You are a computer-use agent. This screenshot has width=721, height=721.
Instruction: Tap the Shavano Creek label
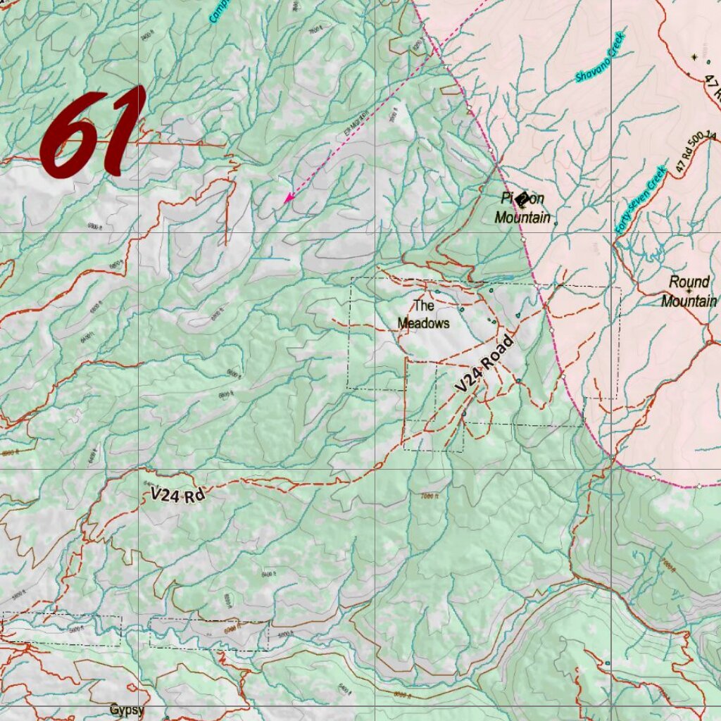click(x=601, y=57)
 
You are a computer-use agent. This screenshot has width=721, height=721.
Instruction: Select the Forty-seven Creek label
click(x=639, y=201)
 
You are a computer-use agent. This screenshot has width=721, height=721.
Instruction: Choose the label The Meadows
click(x=423, y=315)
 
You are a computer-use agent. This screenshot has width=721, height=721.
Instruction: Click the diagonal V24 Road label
click(x=484, y=365)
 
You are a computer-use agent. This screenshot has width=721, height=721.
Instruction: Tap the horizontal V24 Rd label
click(x=177, y=496)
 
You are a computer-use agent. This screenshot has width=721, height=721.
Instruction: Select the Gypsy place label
click(x=127, y=710)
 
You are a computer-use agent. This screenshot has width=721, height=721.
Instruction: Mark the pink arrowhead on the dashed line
click(x=287, y=199)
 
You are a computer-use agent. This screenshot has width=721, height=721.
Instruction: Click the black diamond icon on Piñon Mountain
click(x=522, y=200)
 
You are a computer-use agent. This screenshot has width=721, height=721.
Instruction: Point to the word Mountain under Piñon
click(x=522, y=218)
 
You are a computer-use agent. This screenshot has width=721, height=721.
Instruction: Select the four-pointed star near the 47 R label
click(x=694, y=56)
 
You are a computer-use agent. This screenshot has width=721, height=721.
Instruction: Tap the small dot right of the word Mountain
click(x=556, y=224)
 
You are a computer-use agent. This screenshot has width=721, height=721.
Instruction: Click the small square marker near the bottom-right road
click(x=607, y=663)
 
